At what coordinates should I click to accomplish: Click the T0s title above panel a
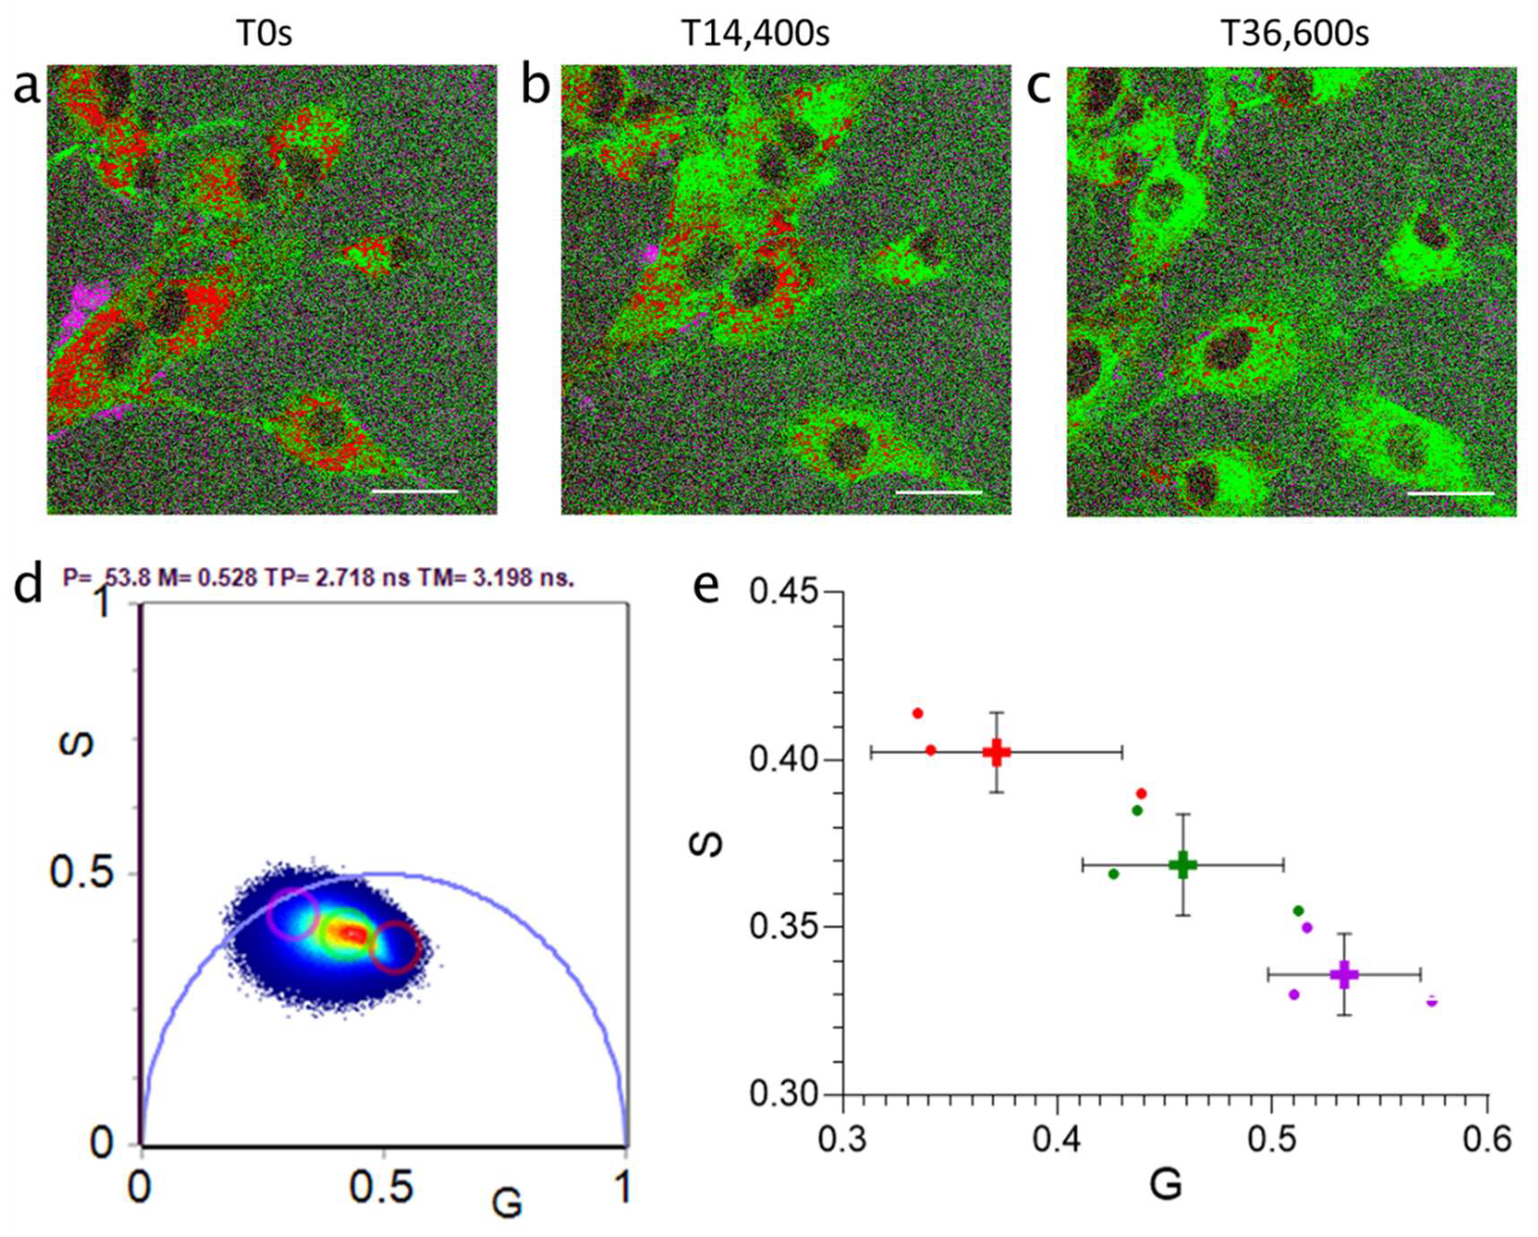pos(264,34)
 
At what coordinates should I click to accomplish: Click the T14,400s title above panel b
pos(755,34)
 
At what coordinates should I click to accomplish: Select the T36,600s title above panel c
pos(1294,34)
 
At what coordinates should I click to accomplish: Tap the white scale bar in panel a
pos(413,492)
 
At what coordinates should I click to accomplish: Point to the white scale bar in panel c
pos(1450,493)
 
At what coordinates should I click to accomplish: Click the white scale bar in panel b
pos(938,492)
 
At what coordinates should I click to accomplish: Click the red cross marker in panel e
pos(996,753)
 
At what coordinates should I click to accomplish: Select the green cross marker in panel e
pos(1183,865)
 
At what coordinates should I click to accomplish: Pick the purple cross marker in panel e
pos(1343,974)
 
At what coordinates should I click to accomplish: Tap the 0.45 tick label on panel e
pos(784,593)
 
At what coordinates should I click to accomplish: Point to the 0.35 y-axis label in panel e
pos(784,927)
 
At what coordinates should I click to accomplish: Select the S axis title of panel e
pos(708,844)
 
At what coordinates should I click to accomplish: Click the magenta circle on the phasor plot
pos(292,914)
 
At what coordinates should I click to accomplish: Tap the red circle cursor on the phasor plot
pos(395,947)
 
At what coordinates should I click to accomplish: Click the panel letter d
pos(29,585)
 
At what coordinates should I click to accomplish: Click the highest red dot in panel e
pos(917,713)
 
